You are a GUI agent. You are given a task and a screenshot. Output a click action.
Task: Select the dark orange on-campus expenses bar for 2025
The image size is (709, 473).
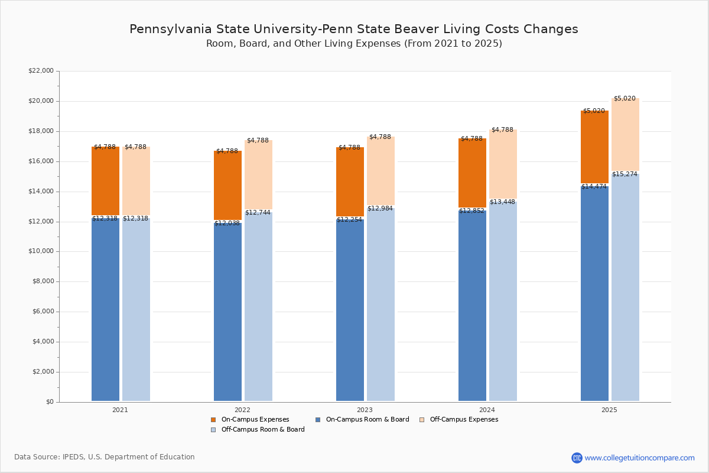point(594,148)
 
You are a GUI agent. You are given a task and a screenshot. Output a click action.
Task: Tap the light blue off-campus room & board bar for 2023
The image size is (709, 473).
point(380,304)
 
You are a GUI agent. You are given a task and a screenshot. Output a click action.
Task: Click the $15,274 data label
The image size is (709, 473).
point(625,174)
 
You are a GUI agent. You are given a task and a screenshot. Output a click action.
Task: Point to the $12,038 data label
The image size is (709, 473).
point(227,223)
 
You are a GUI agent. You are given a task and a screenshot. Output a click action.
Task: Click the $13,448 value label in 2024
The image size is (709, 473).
point(502,202)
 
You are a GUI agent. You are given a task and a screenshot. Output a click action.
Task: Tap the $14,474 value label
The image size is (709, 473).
point(594,187)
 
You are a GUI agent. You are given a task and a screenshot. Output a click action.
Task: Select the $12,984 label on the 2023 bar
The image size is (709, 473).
point(380,209)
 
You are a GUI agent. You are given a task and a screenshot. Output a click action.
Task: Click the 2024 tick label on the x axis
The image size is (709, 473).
point(487,410)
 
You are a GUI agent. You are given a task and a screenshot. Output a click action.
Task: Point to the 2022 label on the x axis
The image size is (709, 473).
point(242,410)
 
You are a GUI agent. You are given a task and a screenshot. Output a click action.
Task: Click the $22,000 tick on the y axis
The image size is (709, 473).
point(41,71)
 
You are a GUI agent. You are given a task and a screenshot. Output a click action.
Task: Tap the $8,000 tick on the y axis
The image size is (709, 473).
point(43,281)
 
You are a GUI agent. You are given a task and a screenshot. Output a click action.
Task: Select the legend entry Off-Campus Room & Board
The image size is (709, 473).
point(262,430)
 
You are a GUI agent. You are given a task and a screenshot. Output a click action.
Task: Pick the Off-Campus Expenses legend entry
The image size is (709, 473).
point(463,420)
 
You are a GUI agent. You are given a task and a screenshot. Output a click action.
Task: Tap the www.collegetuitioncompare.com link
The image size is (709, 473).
point(639,458)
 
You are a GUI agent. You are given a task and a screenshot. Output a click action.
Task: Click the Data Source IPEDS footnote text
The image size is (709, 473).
point(105,457)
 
